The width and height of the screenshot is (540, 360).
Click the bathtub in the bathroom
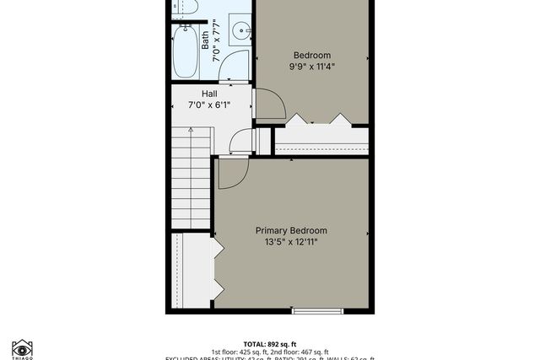pyautogui.click(x=186, y=51)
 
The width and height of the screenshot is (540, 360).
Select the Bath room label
pyautogui.click(x=205, y=40)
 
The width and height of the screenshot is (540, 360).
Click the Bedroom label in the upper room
pyautogui.click(x=312, y=55)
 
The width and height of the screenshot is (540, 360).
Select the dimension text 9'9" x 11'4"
pyautogui.click(x=312, y=67)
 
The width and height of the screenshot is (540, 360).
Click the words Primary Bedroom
pyautogui.click(x=291, y=230)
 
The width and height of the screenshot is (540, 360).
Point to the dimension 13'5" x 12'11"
pyautogui.click(x=291, y=243)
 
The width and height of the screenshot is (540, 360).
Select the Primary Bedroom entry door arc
pyautogui.click(x=230, y=172)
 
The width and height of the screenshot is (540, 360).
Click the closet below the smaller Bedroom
pyautogui.click(x=321, y=140)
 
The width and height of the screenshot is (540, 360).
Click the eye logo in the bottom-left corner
pyautogui.click(x=22, y=348)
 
